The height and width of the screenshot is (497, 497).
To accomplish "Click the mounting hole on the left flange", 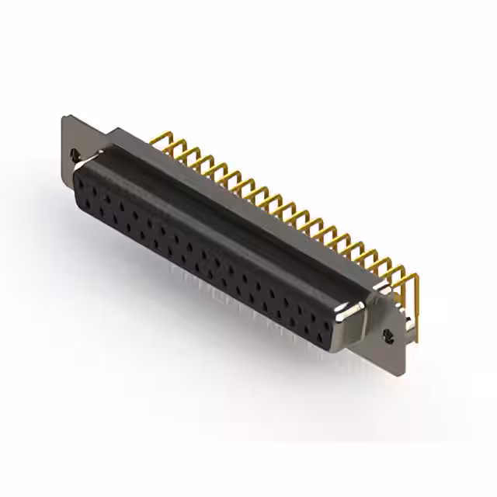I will click(75, 155).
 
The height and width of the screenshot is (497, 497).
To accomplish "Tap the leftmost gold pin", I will click(161, 141).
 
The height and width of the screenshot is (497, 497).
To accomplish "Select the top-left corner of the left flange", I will click(64, 117).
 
